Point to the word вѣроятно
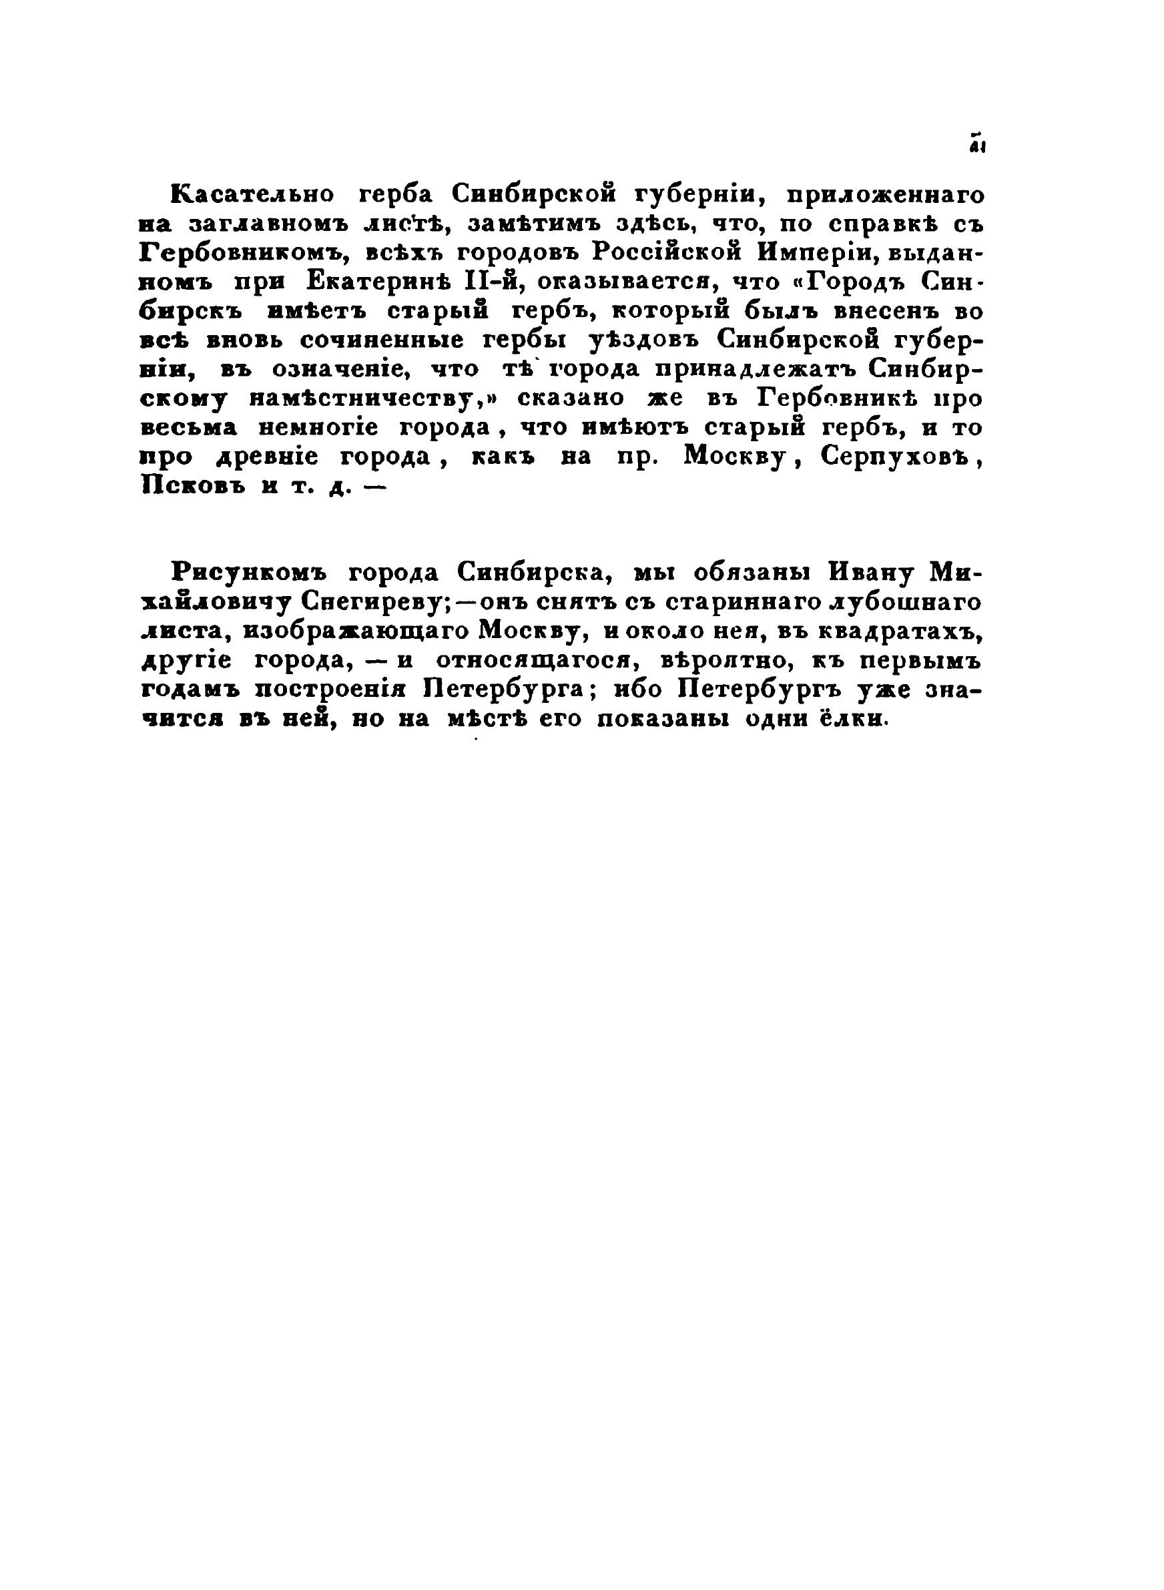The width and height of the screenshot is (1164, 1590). (x=713, y=662)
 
